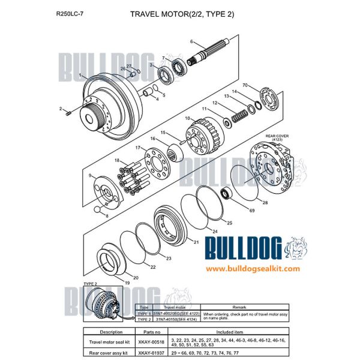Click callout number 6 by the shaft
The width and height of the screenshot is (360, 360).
[192, 41]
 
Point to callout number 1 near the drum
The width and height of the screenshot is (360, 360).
[79, 76]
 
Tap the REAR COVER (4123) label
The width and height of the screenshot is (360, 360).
[277, 138]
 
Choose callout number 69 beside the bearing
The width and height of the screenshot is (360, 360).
[251, 211]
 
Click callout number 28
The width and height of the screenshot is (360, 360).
[265, 203]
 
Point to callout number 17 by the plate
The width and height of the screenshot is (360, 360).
[137, 148]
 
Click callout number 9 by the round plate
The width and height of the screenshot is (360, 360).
[90, 175]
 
